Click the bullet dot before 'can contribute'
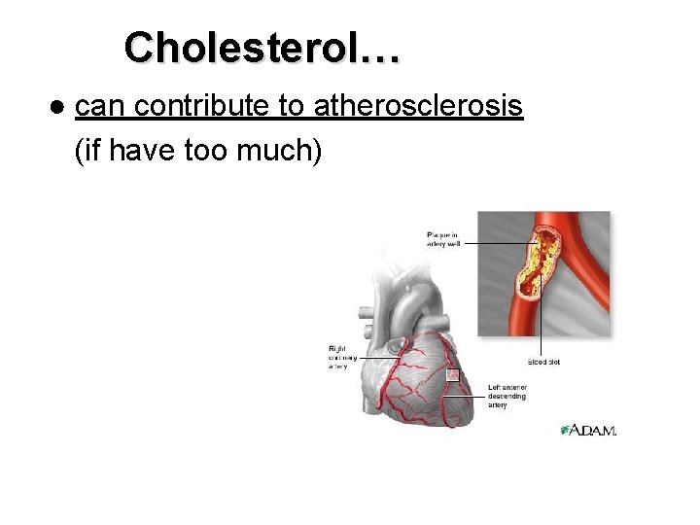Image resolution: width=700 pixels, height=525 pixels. [58, 106]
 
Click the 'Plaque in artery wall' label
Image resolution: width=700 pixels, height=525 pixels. [444, 238]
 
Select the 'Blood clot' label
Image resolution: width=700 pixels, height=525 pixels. [543, 362]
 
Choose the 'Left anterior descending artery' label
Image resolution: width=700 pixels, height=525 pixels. [507, 396]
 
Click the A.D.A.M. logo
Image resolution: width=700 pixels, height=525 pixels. [589, 430]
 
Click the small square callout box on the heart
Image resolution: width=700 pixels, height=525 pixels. [451, 375]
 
